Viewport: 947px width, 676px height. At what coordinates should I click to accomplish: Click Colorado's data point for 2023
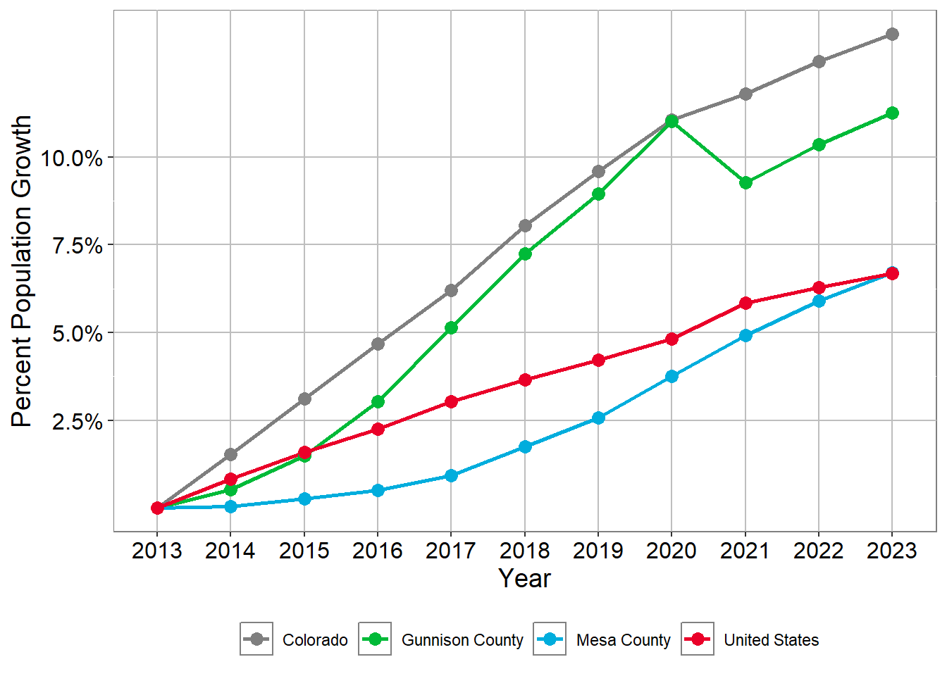(892, 34)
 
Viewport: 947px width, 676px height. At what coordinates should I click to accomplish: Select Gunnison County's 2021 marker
(745, 182)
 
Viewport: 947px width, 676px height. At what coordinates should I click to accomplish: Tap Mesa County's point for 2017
(451, 476)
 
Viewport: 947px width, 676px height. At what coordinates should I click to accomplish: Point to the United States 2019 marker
(598, 360)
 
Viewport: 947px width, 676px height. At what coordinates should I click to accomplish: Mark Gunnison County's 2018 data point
(525, 254)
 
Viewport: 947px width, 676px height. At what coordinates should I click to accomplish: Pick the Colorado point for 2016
(378, 344)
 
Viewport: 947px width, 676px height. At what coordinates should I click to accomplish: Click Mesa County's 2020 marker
(671, 377)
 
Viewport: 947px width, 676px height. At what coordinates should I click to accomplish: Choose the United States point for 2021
(745, 303)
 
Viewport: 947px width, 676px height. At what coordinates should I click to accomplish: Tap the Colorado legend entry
(315, 640)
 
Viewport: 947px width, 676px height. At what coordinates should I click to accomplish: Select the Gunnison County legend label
(462, 640)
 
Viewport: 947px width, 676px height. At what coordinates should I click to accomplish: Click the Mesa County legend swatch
(550, 639)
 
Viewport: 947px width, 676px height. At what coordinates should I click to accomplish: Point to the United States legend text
(771, 640)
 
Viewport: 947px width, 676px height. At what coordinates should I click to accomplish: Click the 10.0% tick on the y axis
(72, 158)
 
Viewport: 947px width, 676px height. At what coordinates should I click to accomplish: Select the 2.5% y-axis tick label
(77, 421)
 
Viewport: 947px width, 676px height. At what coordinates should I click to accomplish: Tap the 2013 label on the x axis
(157, 551)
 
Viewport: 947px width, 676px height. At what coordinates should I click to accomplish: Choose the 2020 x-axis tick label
(671, 551)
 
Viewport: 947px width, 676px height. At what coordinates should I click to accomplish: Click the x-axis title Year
(525, 578)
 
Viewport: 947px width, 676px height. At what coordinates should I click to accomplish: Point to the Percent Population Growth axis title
(22, 271)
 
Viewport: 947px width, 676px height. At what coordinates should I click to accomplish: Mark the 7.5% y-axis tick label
(77, 246)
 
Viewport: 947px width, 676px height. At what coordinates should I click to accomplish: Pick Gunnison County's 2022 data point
(819, 144)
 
